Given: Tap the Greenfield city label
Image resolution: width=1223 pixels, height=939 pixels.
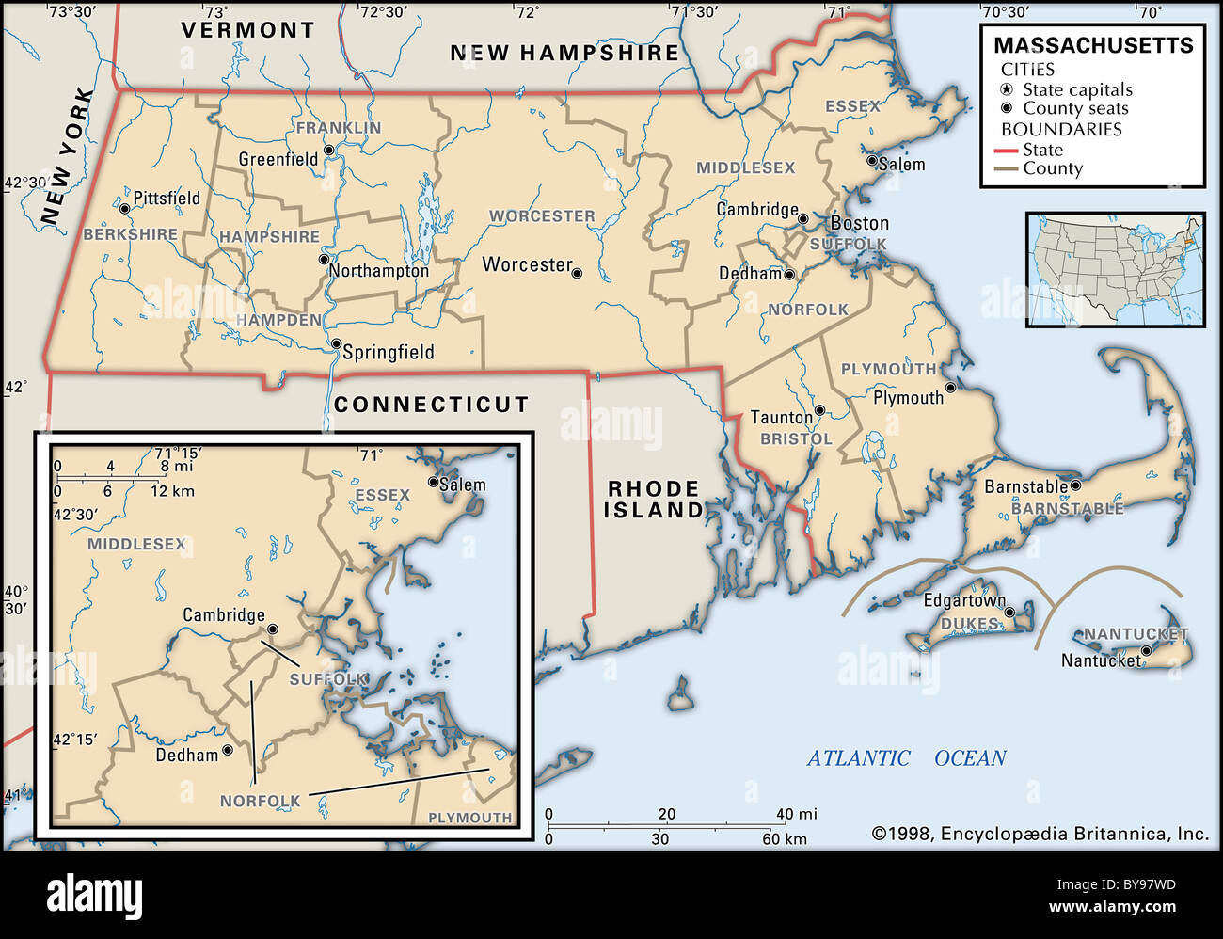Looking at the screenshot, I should click(278, 160).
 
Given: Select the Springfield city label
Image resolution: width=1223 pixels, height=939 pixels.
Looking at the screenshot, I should click(388, 353).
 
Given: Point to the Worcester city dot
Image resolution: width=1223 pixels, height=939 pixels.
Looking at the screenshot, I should click(577, 274).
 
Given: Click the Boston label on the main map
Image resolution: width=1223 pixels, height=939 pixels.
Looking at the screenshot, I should click(859, 224).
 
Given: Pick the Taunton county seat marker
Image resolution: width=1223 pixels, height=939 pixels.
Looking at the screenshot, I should click(819, 410).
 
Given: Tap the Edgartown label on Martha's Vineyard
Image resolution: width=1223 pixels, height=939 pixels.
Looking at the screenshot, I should click(963, 600).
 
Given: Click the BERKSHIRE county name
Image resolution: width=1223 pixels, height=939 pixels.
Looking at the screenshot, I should click(130, 234).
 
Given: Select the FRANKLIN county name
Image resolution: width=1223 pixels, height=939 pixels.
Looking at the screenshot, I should click(339, 128).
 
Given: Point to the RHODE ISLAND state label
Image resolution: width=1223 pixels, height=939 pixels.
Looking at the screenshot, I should click(653, 500).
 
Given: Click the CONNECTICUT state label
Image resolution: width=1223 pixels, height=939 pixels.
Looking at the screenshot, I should click(431, 405).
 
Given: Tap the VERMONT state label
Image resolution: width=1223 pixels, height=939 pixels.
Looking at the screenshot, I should click(247, 30).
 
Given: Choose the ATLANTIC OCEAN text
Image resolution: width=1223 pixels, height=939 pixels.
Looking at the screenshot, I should click(906, 758).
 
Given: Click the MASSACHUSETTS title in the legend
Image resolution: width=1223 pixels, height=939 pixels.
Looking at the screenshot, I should click(1093, 45).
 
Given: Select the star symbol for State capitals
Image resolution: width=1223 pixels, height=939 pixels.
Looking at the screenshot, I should click(1007, 90).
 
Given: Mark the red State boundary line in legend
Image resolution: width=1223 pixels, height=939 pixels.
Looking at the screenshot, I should click(1007, 151).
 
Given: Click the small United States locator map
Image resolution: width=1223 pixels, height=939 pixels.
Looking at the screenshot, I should click(1115, 270).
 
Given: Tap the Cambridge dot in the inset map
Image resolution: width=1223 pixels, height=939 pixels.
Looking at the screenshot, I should click(273, 629).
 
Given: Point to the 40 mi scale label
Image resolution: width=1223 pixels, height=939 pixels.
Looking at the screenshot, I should click(796, 814).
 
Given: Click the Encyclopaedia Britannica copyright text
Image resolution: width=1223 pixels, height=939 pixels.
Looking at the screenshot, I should click(1040, 834).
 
